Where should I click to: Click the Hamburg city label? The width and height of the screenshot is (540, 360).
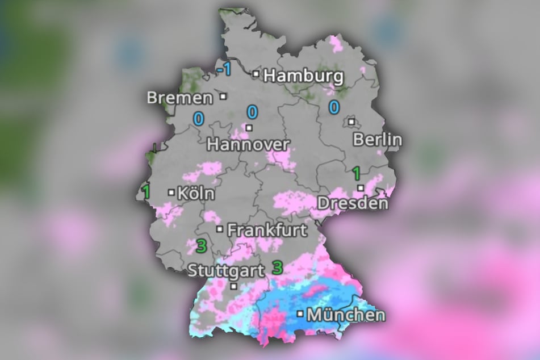(304, 76)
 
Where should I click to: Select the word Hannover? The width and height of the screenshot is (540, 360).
(248, 144)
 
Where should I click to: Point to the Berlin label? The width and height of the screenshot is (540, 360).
(377, 140)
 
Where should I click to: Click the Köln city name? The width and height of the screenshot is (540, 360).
(196, 194)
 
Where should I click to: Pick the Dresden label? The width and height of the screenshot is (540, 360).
(353, 203)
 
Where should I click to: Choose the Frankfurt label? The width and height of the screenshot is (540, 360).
(267, 231)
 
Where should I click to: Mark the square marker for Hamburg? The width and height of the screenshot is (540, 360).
(257, 74)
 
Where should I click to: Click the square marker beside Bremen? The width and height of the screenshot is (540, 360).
(224, 97)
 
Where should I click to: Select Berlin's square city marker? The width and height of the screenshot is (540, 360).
(352, 121)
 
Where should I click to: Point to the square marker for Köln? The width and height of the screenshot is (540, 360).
(171, 192)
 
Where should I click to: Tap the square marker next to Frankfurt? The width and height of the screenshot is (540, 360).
(220, 229)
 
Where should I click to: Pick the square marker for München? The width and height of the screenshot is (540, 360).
(300, 313)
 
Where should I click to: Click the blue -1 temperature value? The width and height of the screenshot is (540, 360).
(224, 70)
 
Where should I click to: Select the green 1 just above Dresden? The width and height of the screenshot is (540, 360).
(357, 173)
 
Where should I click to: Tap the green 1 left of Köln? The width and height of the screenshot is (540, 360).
(146, 192)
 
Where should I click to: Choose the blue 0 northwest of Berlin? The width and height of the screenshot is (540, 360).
(334, 107)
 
